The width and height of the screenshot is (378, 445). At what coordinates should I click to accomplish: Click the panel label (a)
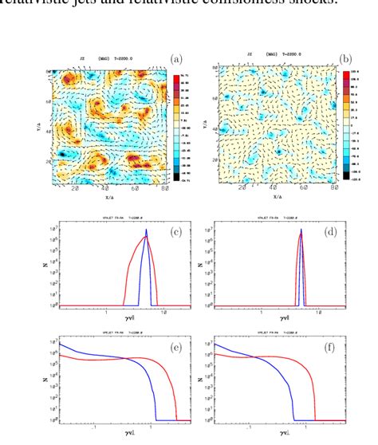(175, 57)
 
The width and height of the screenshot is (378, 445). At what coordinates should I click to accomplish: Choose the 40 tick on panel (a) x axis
(107, 189)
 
